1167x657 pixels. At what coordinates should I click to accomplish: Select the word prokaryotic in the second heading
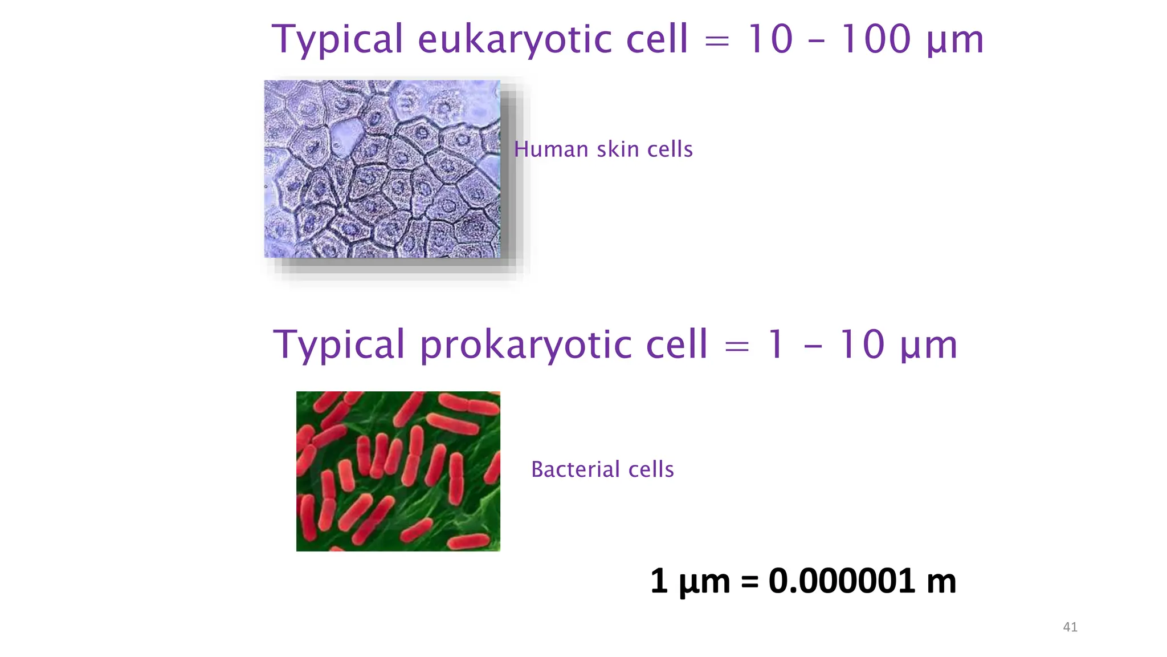click(x=527, y=346)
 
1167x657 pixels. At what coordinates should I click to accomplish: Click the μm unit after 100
click(x=956, y=41)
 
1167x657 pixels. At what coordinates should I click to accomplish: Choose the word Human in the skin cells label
click(x=551, y=149)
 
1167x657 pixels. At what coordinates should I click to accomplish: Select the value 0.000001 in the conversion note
click(x=842, y=581)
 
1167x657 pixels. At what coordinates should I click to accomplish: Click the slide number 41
click(x=1070, y=627)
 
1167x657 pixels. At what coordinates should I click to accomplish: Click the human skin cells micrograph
click(x=382, y=169)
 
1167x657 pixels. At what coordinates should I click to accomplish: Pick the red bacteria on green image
click(x=398, y=471)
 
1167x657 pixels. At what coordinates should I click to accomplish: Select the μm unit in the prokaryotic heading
click(x=929, y=347)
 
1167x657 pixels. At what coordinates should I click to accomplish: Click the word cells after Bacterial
click(x=651, y=469)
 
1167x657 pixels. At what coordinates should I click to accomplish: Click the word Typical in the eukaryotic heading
click(x=337, y=40)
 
